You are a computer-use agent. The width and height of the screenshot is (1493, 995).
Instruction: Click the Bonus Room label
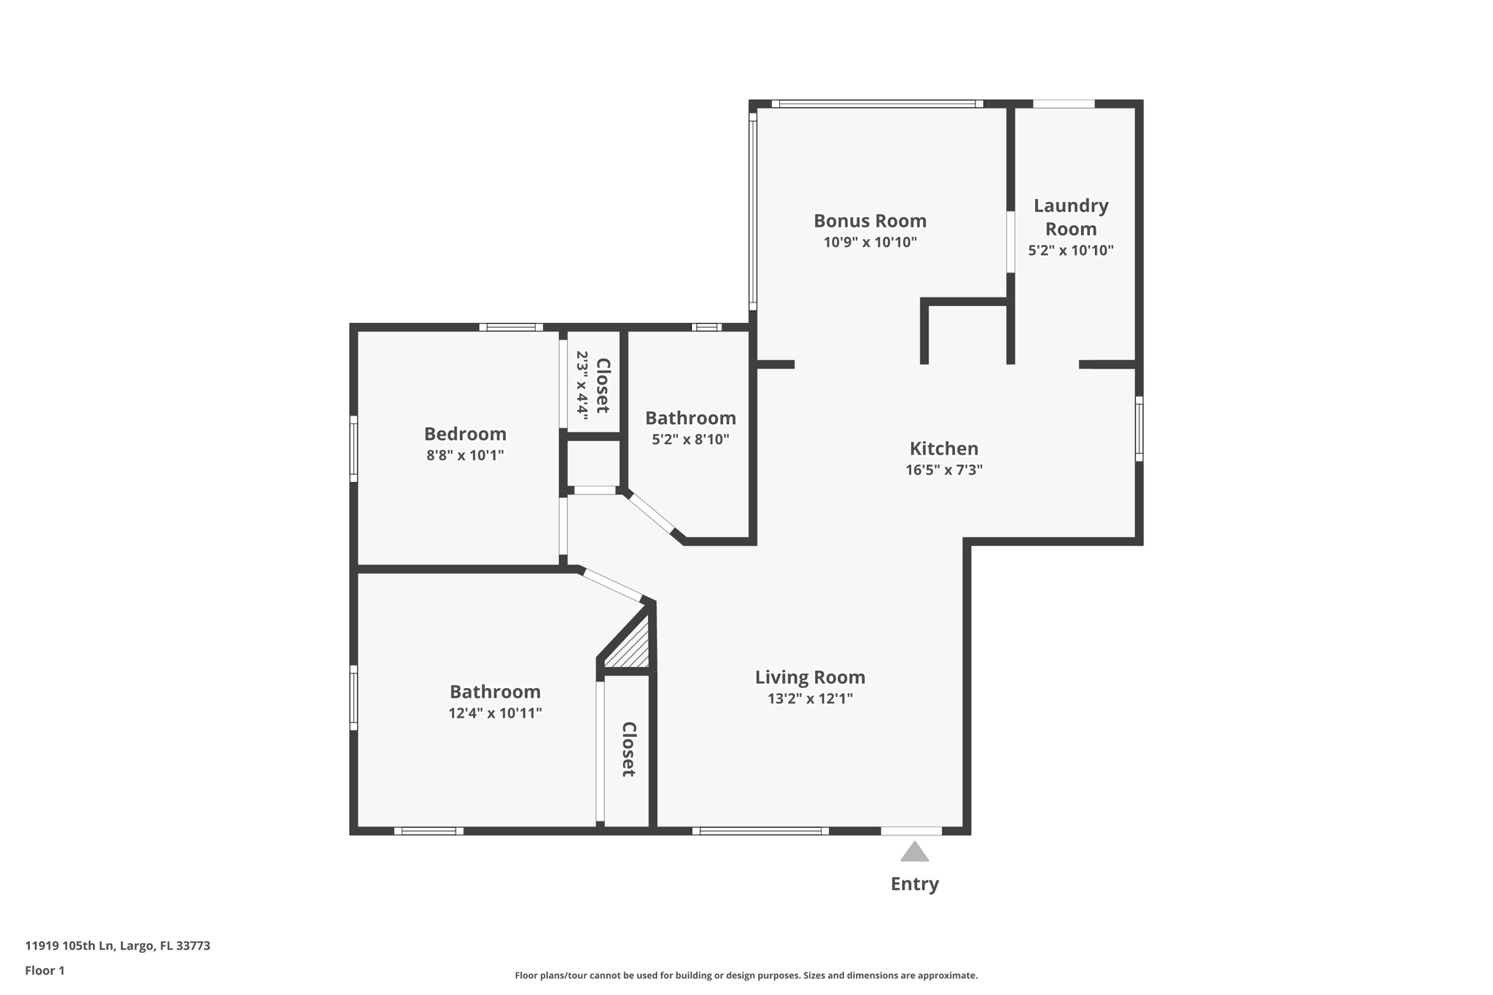pyautogui.click(x=870, y=221)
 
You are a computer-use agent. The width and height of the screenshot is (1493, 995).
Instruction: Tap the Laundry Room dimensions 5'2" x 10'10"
pyautogui.click(x=1070, y=251)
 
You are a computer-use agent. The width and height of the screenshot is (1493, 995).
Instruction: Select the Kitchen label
pyautogui.click(x=943, y=448)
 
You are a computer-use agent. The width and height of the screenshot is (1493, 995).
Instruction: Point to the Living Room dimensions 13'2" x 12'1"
pyautogui.click(x=810, y=698)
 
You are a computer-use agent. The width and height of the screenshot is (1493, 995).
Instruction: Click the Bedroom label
pyautogui.click(x=465, y=434)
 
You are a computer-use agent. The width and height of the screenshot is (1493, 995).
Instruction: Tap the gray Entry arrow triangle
pyautogui.click(x=914, y=852)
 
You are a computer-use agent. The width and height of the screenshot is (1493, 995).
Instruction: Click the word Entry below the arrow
pyautogui.click(x=914, y=884)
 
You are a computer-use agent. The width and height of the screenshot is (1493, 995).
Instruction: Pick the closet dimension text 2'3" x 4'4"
pyautogui.click(x=582, y=383)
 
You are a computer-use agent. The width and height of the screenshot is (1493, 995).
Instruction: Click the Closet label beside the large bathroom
pyautogui.click(x=628, y=749)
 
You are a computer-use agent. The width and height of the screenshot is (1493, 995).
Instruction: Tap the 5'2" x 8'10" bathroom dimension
pyautogui.click(x=690, y=440)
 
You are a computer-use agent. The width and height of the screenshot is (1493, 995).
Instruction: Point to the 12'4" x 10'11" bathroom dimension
pyautogui.click(x=495, y=713)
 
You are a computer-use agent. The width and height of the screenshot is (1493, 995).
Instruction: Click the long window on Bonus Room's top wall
pyautogui.click(x=877, y=104)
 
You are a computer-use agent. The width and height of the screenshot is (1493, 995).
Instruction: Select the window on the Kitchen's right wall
pyautogui.click(x=1139, y=429)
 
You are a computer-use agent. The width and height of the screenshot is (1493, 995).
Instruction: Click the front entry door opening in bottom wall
pyautogui.click(x=911, y=830)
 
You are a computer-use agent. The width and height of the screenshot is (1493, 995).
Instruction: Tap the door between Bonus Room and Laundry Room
pyautogui.click(x=1010, y=242)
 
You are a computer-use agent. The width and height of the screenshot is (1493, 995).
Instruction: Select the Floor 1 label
pyautogui.click(x=44, y=970)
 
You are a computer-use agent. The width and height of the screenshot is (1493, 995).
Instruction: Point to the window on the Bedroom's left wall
pyautogui.click(x=354, y=448)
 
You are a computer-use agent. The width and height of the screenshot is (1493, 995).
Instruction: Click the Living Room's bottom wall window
pyautogui.click(x=760, y=830)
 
